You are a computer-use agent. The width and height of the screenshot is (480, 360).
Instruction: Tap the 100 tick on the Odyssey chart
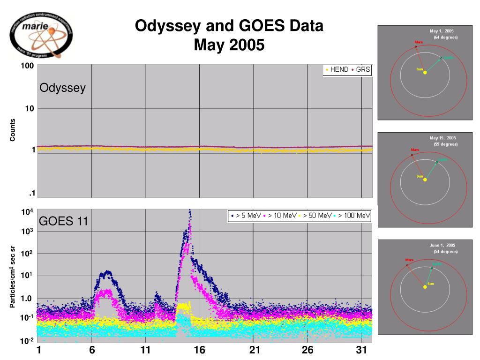pyautogui.click(x=27, y=66)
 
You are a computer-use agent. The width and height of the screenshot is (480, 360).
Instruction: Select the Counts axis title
pyautogui.click(x=13, y=130)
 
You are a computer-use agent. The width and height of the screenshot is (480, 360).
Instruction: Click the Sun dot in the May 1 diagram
pyautogui.click(x=425, y=72)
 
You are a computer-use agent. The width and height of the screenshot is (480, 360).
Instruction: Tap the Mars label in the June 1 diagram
pyautogui.click(x=409, y=260)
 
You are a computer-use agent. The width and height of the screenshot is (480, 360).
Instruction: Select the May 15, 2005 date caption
pyautogui.click(x=442, y=138)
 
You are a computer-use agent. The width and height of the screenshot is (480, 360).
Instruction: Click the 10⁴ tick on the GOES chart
pyautogui.click(x=27, y=212)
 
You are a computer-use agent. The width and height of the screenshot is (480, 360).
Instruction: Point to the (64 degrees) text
pyautogui.click(x=445, y=37)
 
